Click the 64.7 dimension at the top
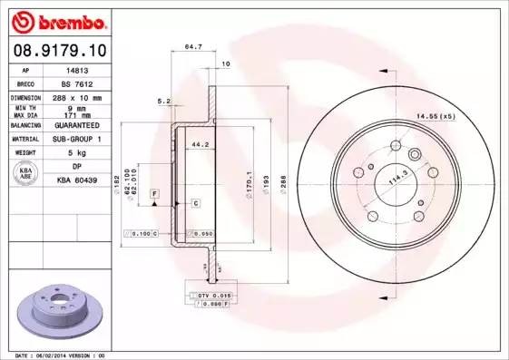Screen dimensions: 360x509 [192, 44]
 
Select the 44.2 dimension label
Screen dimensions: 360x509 [198, 143]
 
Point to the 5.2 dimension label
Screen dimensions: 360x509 [163, 101]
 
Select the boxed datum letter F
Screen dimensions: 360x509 [155, 194]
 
